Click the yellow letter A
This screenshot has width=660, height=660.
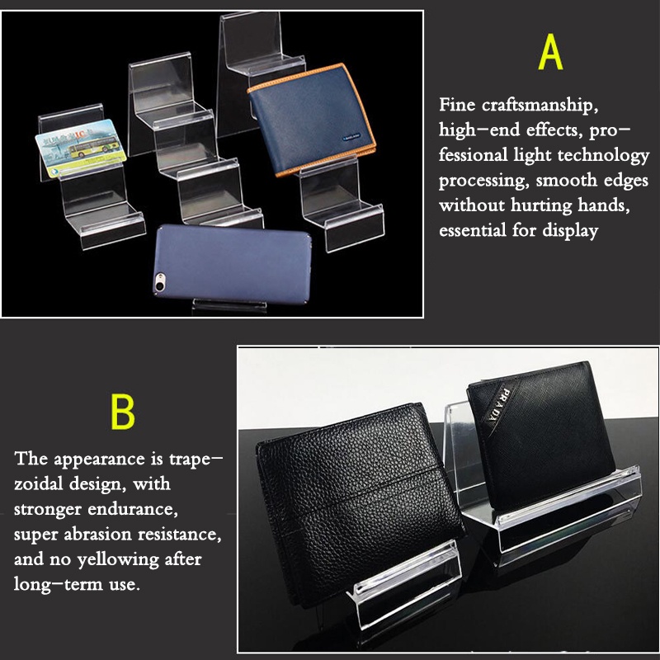coord(550,52)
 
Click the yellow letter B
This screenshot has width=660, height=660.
coord(122,411)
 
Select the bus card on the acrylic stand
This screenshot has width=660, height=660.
coord(81,148)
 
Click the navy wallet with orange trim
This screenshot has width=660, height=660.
coord(312,119)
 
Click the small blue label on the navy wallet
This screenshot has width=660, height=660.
coord(351,137)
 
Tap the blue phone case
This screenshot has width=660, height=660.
coord(232,263)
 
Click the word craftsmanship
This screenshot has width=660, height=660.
coord(540,106)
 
